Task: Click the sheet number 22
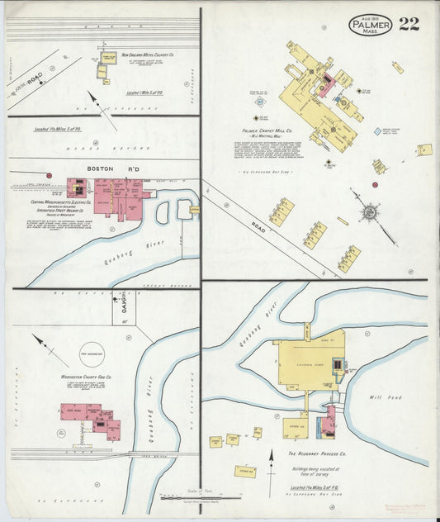(x=409, y=23)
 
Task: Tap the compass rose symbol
(x=368, y=211)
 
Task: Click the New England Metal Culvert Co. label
(x=149, y=56)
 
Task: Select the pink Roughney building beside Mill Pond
(x=327, y=423)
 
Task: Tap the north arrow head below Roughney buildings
(x=271, y=453)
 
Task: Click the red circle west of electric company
(x=49, y=175)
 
